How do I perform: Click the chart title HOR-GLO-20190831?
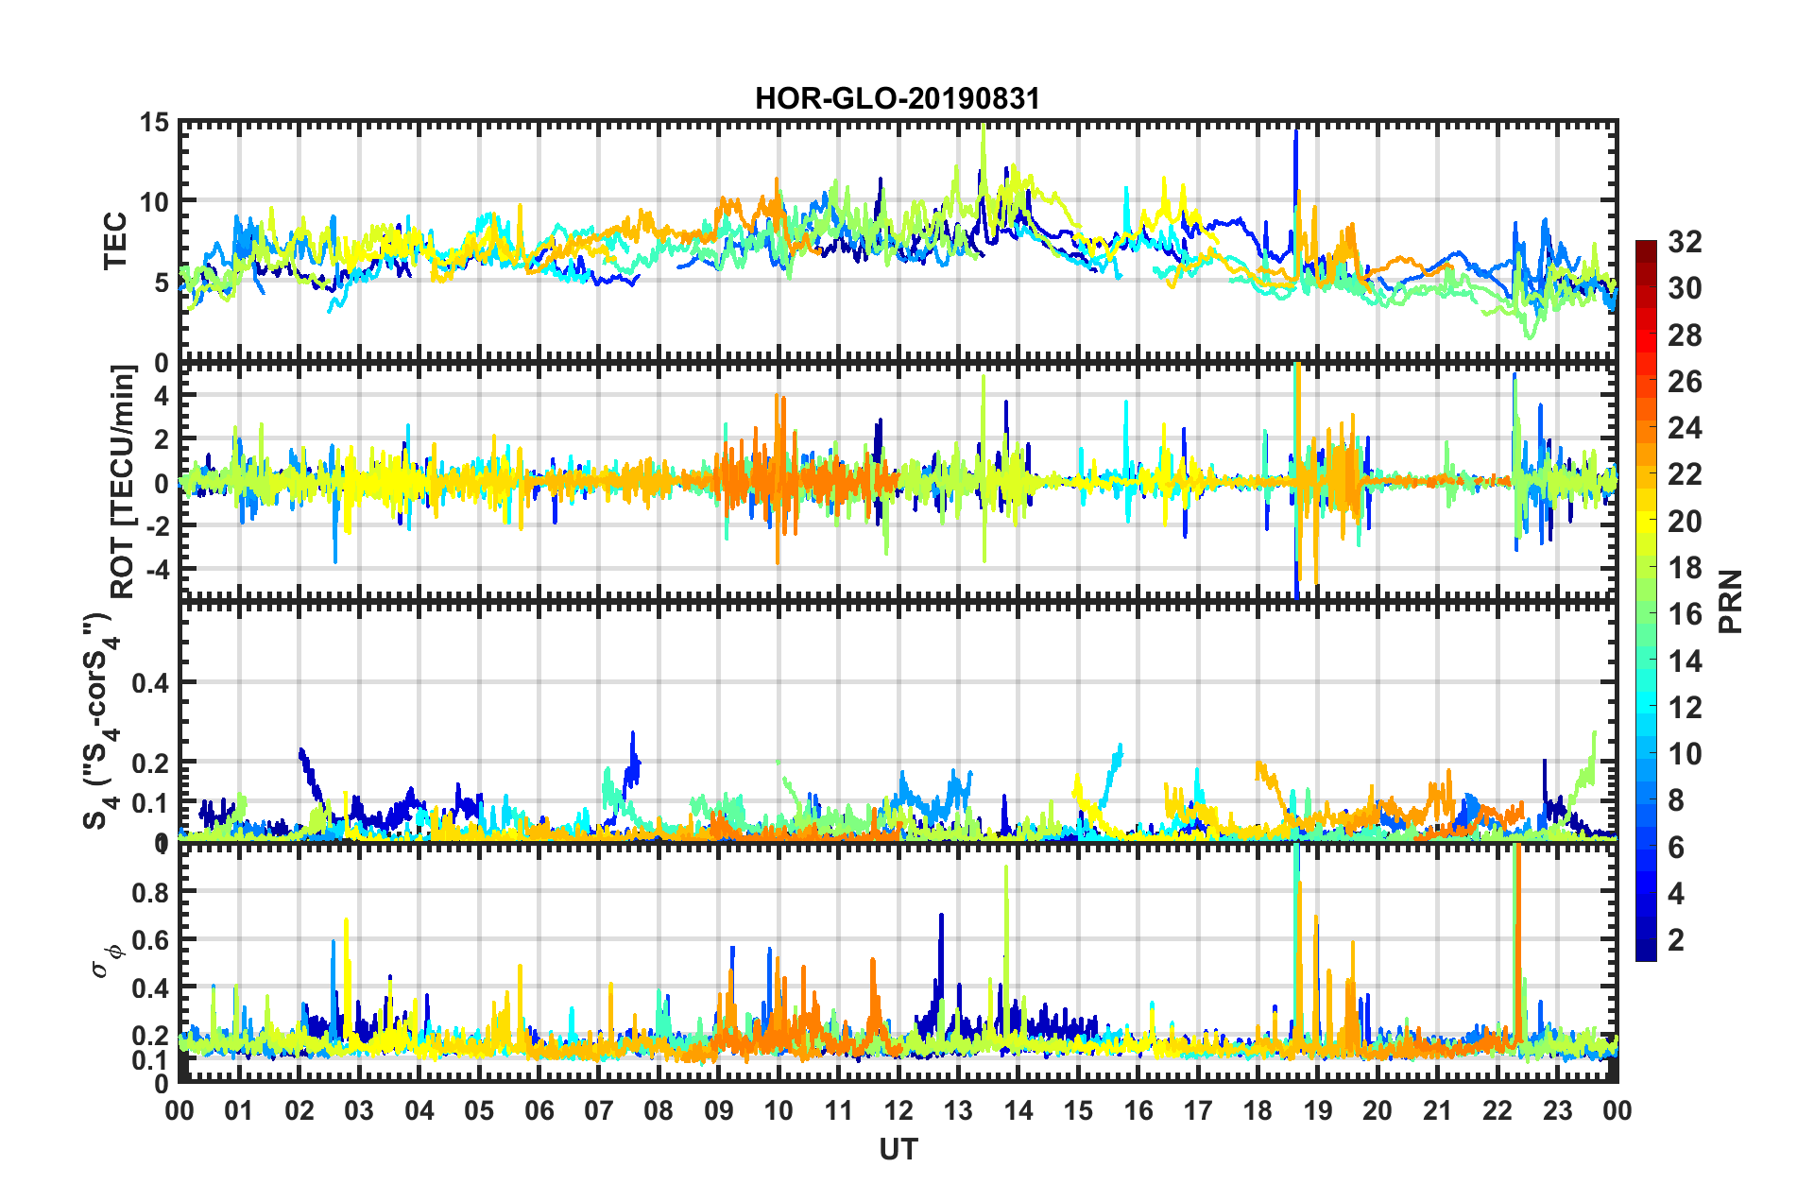point(897,98)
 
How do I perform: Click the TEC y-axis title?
point(114,241)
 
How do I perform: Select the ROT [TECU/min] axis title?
point(123,481)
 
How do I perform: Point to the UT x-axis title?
point(898,1149)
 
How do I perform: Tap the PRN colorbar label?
point(1731,602)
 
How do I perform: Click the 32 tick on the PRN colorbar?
point(1685,242)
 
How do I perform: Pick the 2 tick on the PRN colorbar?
point(1676,939)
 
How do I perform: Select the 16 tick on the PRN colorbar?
point(1685,614)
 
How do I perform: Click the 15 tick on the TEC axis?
point(154,123)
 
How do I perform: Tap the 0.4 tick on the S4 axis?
point(149,682)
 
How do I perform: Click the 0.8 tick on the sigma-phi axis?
point(149,892)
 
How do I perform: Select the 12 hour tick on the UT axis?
point(898,1110)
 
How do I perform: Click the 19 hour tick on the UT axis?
point(1318,1110)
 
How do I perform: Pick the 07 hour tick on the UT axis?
point(599,1110)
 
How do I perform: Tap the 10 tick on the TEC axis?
point(154,202)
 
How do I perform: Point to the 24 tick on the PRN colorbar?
point(1685,428)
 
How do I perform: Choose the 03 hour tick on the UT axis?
point(359,1110)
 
